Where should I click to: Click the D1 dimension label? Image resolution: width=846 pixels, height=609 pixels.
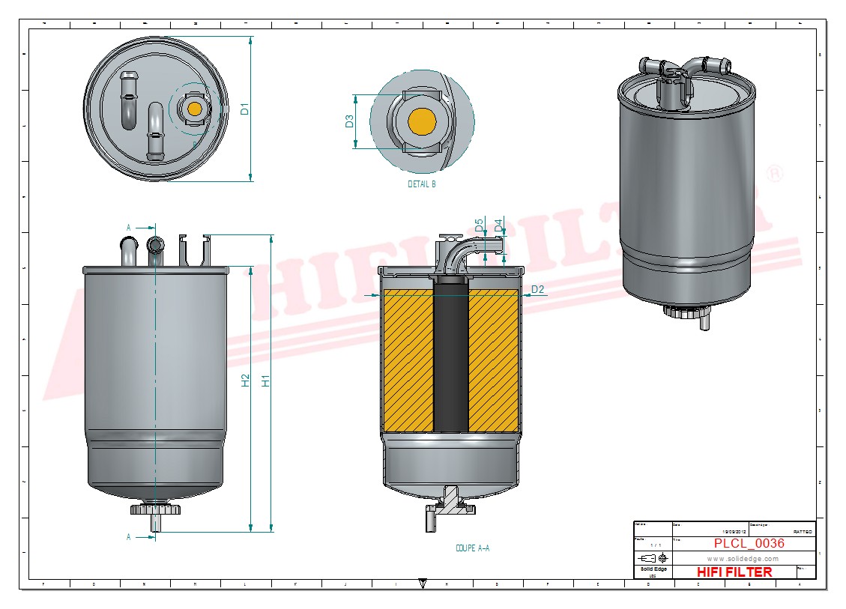click(244, 109)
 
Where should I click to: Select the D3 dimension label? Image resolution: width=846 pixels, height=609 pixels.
click(349, 121)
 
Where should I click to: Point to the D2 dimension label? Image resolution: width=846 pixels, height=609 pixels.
click(537, 289)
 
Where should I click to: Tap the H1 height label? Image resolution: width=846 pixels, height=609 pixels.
click(265, 381)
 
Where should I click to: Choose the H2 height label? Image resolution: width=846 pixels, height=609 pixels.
click(245, 381)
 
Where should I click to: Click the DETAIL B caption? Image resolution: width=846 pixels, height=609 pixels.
click(421, 184)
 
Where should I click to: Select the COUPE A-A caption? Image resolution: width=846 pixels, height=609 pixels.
click(472, 548)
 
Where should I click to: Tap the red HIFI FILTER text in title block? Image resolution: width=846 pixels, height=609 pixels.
click(734, 572)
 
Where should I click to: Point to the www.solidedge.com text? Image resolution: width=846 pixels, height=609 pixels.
click(743, 559)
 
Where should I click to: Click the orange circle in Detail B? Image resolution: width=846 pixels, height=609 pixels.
click(422, 121)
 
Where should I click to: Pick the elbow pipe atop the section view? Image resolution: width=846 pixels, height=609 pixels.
click(459, 251)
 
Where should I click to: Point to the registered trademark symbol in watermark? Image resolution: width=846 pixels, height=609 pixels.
click(776, 174)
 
